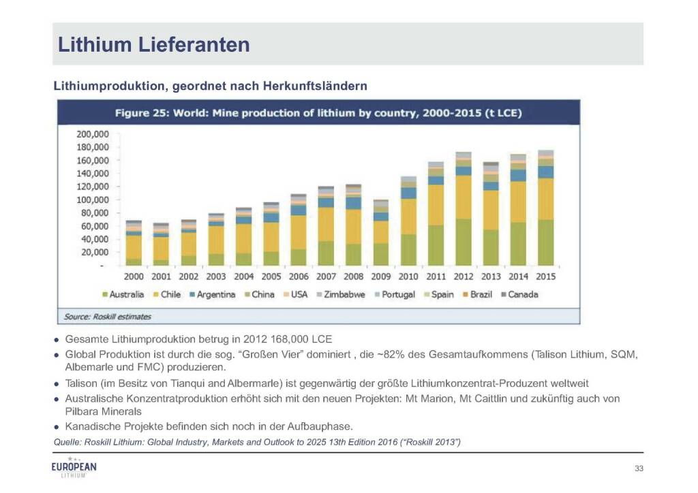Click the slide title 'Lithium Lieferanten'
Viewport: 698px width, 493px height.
coord(153,45)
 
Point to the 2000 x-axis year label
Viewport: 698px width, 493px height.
coord(133,277)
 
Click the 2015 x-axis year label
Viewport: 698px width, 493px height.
coord(546,277)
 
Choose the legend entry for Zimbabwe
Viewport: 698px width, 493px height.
coord(345,295)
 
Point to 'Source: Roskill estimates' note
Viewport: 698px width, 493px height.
coord(107,317)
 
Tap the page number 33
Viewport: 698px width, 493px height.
coord(638,468)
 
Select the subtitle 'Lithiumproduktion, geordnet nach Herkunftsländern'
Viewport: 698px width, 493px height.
coord(211,86)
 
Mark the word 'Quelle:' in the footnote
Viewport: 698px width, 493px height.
coord(67,443)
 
